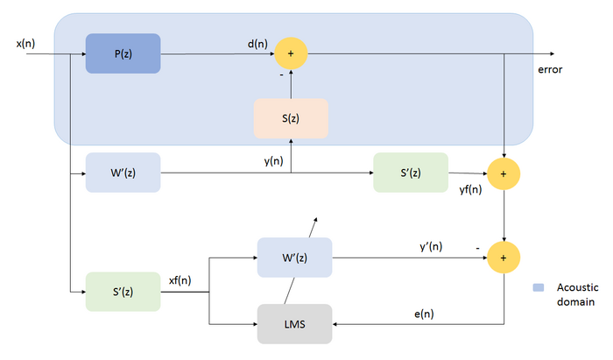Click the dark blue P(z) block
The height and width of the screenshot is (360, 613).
pyautogui.click(x=123, y=53)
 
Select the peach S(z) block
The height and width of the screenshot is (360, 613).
pyautogui.click(x=291, y=118)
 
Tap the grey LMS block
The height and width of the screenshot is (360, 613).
pyautogui.click(x=295, y=324)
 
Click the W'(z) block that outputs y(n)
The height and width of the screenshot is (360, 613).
pyautogui.click(x=123, y=173)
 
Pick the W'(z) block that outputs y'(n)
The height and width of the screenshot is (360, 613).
pyautogui.click(x=295, y=258)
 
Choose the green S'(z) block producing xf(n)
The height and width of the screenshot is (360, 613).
pyautogui.click(x=123, y=292)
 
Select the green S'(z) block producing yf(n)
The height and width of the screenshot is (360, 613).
pyautogui.click(x=411, y=173)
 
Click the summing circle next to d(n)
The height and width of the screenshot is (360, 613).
pyautogui.click(x=291, y=53)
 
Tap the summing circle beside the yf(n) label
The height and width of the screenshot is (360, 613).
pyautogui.click(x=504, y=174)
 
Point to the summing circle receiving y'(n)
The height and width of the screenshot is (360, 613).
pyautogui.click(x=504, y=258)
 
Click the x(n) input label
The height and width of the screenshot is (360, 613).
pyautogui.click(x=25, y=44)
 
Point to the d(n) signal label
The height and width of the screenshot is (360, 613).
pyautogui.click(x=257, y=44)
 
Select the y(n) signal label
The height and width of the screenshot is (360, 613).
pyautogui.click(x=273, y=161)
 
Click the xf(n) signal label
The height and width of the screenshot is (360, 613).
pyautogui.click(x=180, y=280)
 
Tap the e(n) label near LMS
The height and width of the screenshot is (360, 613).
pyautogui.click(x=424, y=314)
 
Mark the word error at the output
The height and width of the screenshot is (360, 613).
pyautogui.click(x=550, y=70)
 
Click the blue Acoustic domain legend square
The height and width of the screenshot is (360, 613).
pyautogui.click(x=539, y=287)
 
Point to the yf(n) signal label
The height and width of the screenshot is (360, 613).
pyautogui.click(x=471, y=190)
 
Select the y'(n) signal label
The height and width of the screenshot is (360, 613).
pyautogui.click(x=431, y=247)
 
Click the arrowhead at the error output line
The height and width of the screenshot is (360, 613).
pyautogui.click(x=552, y=53)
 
